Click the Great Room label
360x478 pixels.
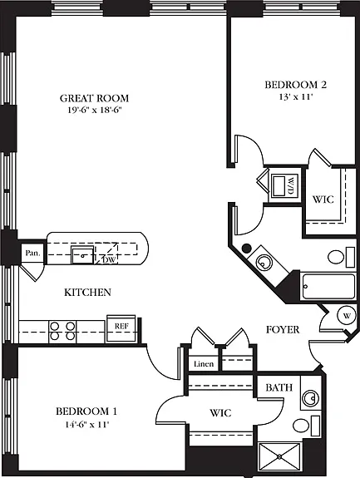click(x=94, y=98)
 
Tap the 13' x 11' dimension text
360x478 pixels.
click(x=296, y=97)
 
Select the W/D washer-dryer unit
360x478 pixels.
click(x=284, y=185)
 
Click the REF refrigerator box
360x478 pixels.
click(x=121, y=328)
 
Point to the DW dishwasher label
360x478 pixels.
click(x=109, y=260)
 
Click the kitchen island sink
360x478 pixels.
click(x=82, y=255)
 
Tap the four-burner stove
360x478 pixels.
click(x=62, y=332)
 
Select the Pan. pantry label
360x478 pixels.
click(x=32, y=253)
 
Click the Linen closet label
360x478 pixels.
click(x=204, y=363)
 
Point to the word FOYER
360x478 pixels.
click(x=283, y=329)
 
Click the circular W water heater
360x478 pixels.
click(x=347, y=316)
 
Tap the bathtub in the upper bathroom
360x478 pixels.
click(x=328, y=287)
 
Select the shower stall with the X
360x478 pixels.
click(x=279, y=456)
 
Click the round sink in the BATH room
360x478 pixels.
click(x=311, y=398)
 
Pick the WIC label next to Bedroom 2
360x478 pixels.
click(x=323, y=200)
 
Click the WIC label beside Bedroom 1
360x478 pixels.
click(x=220, y=413)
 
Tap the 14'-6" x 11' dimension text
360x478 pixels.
click(x=86, y=424)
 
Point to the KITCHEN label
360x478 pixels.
click(x=87, y=293)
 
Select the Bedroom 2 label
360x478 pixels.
click(x=296, y=85)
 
